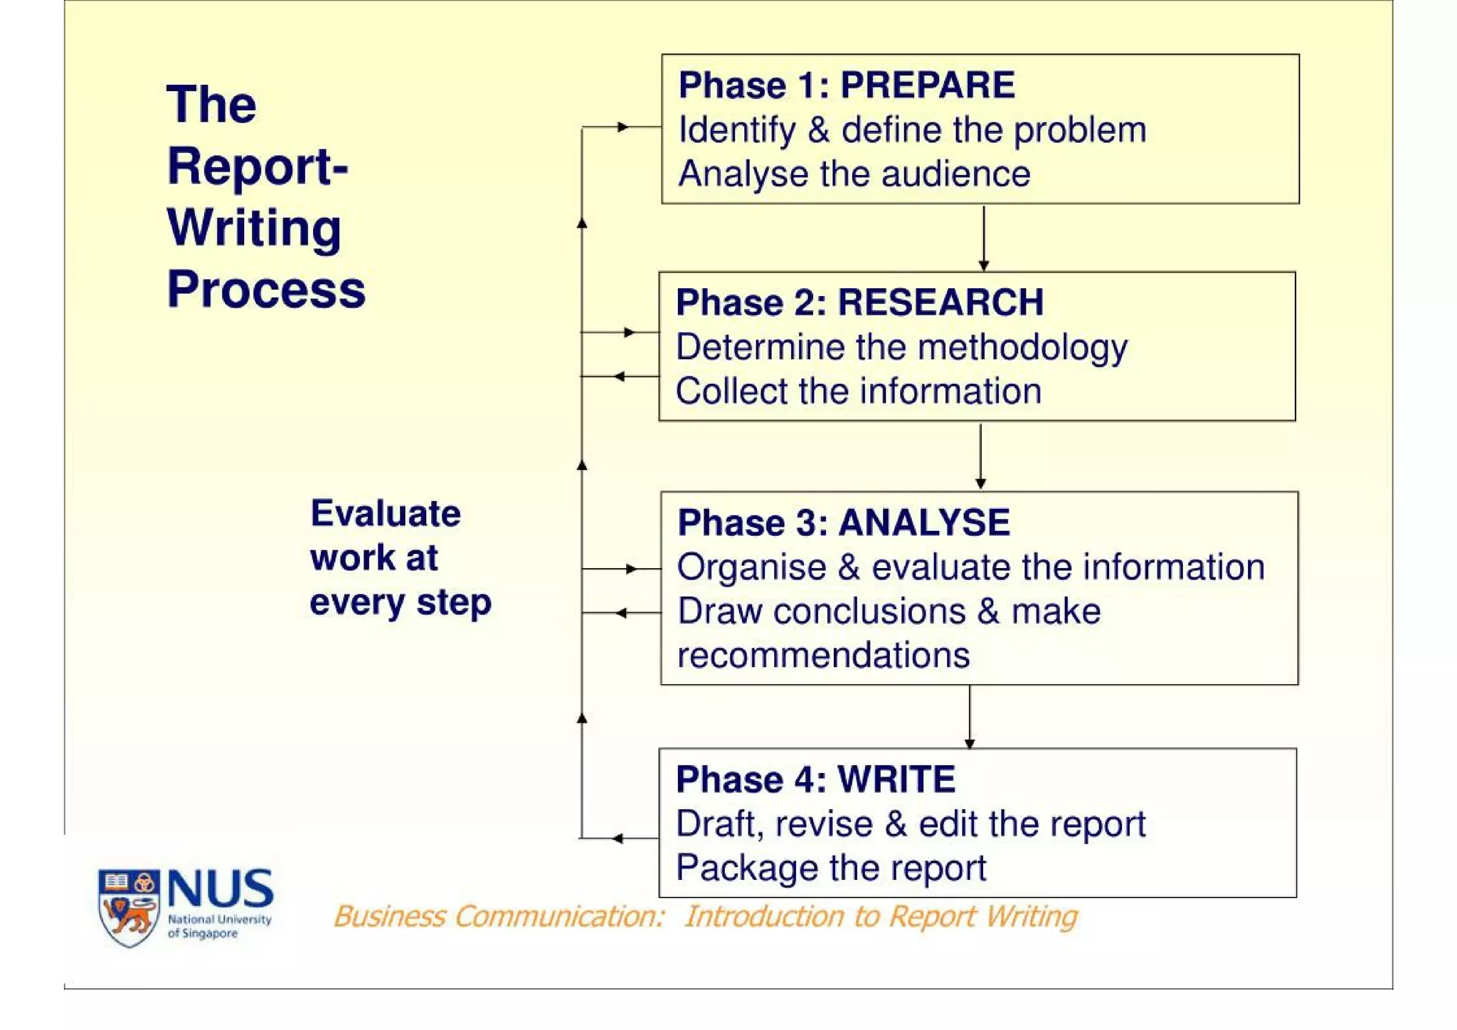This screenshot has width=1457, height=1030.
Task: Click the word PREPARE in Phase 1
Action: coord(927,85)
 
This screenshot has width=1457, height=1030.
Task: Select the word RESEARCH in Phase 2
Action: coord(941,303)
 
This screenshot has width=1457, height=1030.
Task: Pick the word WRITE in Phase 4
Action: coord(896,779)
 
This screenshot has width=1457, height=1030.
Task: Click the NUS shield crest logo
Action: coord(128,907)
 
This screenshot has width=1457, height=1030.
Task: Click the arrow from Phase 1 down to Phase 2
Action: coord(983,238)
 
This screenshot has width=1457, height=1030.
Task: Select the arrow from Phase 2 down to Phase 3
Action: coord(980,456)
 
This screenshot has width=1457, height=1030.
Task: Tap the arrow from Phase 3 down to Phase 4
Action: coord(969,717)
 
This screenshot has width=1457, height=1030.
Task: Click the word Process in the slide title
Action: coord(266,290)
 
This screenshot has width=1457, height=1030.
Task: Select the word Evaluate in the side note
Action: coord(386,513)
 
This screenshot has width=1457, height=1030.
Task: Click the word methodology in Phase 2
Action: coord(1022,348)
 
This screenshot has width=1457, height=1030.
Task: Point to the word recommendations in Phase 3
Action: coord(823,656)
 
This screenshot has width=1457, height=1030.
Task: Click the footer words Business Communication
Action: coord(499,917)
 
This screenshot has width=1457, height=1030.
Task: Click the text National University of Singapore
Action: coord(219,926)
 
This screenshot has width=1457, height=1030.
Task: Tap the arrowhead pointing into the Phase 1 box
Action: coord(623,127)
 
